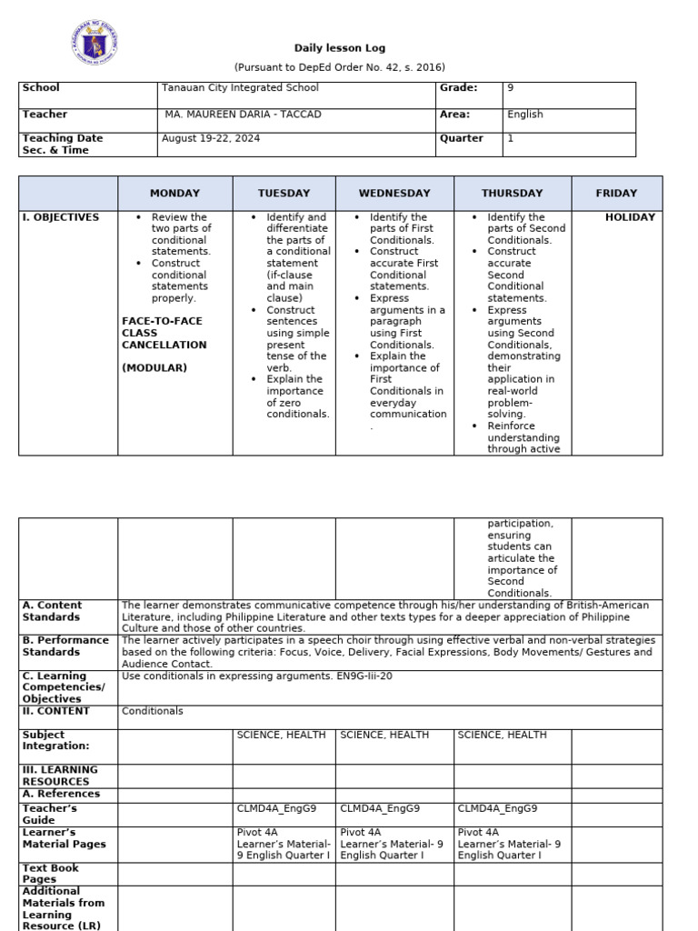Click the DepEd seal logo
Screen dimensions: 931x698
pyautogui.click(x=94, y=43)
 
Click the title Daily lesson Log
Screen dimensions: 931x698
pyautogui.click(x=339, y=48)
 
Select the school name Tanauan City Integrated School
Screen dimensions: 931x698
pyautogui.click(x=240, y=88)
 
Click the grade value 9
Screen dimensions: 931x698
pyautogui.click(x=511, y=88)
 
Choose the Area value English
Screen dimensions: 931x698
pyautogui.click(x=525, y=115)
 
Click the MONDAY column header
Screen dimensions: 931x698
pyautogui.click(x=174, y=194)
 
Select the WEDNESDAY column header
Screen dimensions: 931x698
pyautogui.click(x=394, y=194)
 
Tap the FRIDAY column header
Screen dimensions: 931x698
pyautogui.click(x=616, y=194)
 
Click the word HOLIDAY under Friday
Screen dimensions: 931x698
pyautogui.click(x=630, y=218)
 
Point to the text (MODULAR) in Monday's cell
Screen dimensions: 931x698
pyautogui.click(x=155, y=368)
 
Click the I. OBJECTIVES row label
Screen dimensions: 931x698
pyautogui.click(x=61, y=218)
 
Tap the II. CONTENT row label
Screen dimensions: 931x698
pyautogui.click(x=56, y=711)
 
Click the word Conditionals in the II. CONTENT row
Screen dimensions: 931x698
pyautogui.click(x=152, y=712)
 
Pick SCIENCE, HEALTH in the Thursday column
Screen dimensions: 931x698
pyautogui.click(x=502, y=735)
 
